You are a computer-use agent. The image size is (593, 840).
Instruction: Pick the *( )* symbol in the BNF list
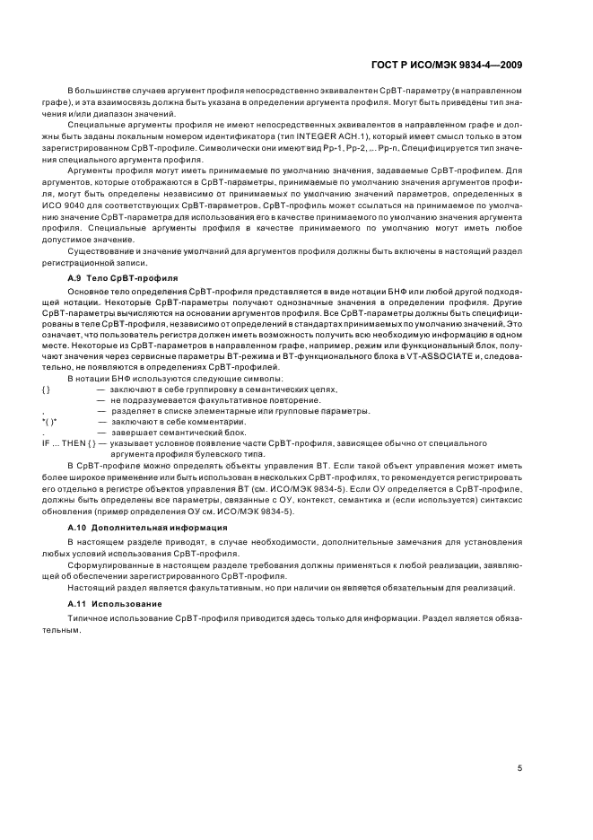49,421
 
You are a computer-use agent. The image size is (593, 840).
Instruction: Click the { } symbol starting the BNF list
47,389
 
